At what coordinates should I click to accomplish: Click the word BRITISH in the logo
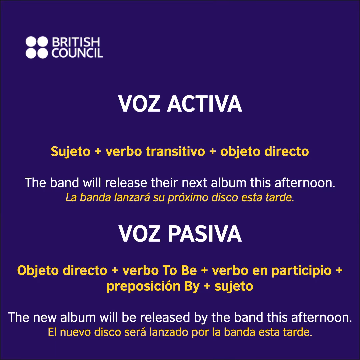(76, 42)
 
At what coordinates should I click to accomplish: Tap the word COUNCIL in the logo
(77, 53)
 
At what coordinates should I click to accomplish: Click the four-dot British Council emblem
(37, 48)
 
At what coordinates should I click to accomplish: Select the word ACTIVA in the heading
(204, 104)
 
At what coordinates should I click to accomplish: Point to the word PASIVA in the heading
(204, 234)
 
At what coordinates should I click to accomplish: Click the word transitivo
(176, 152)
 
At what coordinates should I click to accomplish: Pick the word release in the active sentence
(130, 183)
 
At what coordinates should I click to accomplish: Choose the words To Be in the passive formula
(180, 270)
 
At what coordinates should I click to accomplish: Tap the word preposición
(143, 286)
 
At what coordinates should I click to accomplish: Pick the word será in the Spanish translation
(129, 332)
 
